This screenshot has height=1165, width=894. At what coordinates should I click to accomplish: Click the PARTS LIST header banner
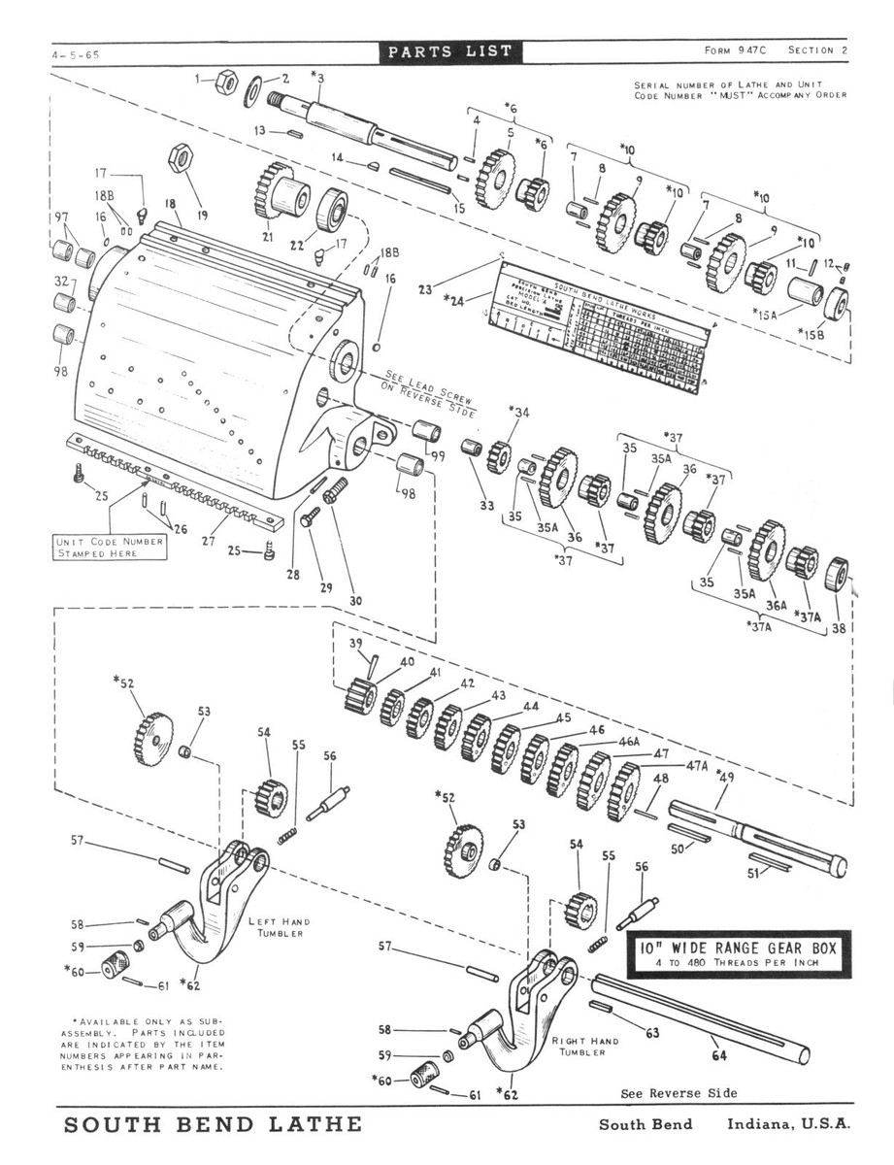(x=447, y=51)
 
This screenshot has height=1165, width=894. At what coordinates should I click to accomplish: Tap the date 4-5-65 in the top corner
(x=77, y=55)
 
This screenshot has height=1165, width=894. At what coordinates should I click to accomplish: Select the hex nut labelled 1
(x=224, y=82)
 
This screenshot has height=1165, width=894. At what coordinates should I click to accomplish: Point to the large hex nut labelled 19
(x=181, y=156)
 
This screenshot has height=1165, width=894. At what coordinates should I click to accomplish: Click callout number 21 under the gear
(x=267, y=237)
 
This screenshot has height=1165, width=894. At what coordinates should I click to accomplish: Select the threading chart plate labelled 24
(x=602, y=330)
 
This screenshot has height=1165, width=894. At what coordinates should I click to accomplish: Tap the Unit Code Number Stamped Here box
(x=110, y=547)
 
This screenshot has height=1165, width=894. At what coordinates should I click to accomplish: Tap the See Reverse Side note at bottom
(x=679, y=1093)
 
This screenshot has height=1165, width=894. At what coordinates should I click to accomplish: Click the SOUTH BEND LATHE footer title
(x=213, y=1125)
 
